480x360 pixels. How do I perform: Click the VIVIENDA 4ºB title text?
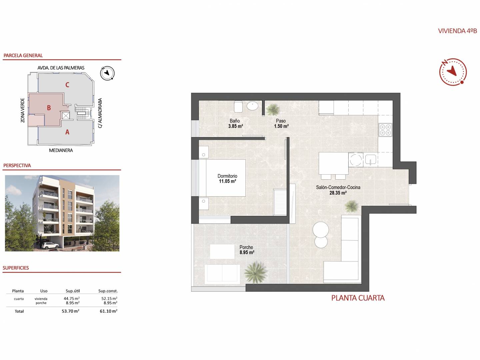click(457, 31)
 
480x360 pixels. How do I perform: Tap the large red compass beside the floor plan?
click(453, 72)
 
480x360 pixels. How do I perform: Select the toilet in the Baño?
click(238, 106)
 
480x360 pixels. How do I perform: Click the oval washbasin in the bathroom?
click(253, 106)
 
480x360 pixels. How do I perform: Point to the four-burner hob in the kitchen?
click(385, 130)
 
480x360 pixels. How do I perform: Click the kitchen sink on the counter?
click(370, 159)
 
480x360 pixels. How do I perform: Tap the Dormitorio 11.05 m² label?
click(227, 179)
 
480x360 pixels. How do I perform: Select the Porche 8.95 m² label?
click(247, 250)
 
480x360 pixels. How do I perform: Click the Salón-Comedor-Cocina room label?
click(338, 187)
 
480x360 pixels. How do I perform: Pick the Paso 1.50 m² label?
click(281, 123)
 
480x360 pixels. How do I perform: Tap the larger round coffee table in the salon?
click(321, 230)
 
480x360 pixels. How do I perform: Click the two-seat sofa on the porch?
click(222, 274)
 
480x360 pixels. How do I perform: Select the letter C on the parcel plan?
click(67, 85)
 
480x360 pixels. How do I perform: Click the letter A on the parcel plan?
click(67, 132)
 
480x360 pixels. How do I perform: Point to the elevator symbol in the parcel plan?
click(66, 115)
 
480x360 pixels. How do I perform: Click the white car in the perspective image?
click(50, 245)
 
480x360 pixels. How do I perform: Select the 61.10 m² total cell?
click(108, 311)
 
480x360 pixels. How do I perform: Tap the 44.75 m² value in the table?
click(72, 298)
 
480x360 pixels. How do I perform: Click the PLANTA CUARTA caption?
click(358, 298)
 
